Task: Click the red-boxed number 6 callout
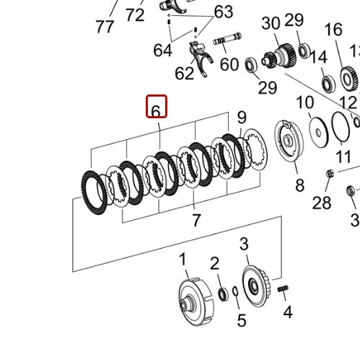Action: pos(157,107)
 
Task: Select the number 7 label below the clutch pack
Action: pos(196,220)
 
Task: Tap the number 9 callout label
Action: pos(242,118)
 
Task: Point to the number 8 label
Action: pos(299,185)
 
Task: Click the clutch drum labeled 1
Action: pos(196,301)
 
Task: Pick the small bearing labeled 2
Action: pos(223,293)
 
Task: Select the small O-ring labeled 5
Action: pos(235,291)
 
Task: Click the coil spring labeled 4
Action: pos(283,288)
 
